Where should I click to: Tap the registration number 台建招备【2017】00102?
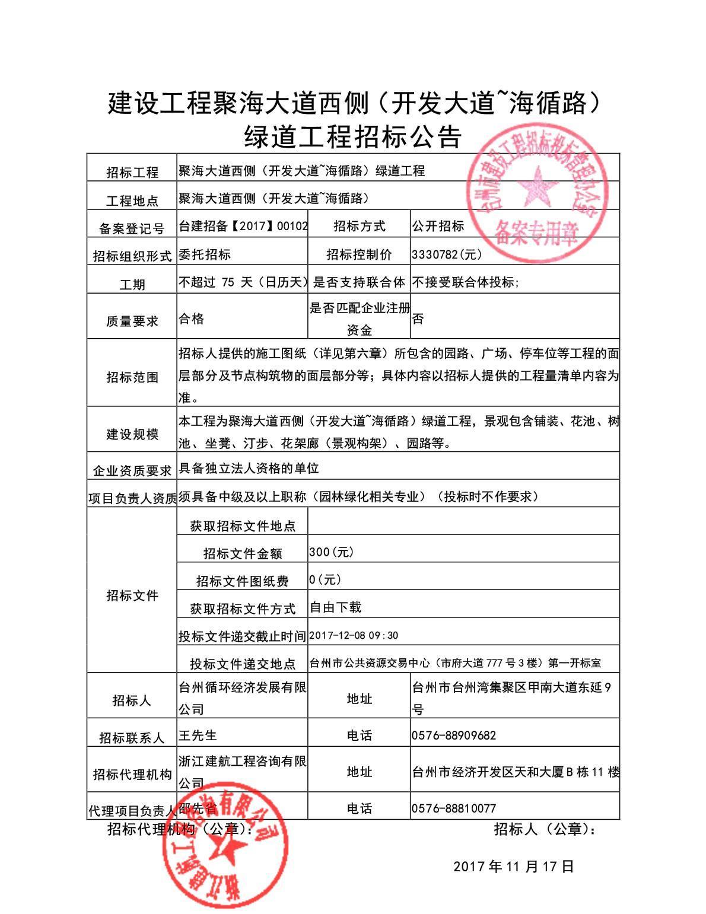click(x=243, y=226)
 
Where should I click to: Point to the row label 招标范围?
click(x=132, y=377)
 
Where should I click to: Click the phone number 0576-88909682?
click(x=453, y=735)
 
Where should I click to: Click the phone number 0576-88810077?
click(x=453, y=808)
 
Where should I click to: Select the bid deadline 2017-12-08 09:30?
click(x=354, y=636)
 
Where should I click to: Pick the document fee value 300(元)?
click(x=331, y=552)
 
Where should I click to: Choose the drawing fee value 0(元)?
click(x=325, y=579)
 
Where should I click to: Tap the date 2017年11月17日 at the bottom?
click(x=514, y=867)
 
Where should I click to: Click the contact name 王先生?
click(x=198, y=735)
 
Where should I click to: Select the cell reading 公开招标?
click(x=438, y=226)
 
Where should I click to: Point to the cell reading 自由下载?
click(x=335, y=607)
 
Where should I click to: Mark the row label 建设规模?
click(x=132, y=434)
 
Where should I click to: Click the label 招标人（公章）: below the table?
click(x=545, y=829)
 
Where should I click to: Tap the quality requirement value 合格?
click(x=191, y=319)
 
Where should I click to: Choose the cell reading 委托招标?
click(x=205, y=254)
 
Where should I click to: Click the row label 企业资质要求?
click(x=132, y=471)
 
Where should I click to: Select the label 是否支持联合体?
click(x=359, y=282)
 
